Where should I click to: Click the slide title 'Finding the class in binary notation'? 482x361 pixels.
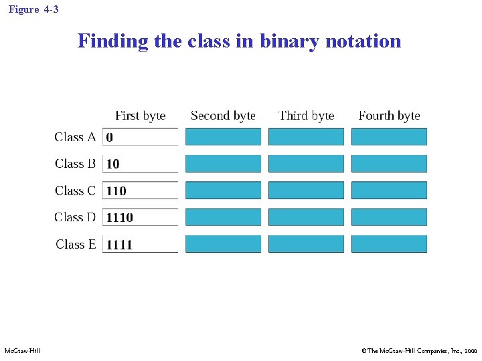point(239,41)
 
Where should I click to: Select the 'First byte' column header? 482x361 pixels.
point(140,116)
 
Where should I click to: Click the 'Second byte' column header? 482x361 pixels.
point(223,116)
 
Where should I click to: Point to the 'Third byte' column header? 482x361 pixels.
point(306,116)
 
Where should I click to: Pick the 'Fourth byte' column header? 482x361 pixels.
point(389,116)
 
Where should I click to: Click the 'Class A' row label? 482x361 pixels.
point(75,137)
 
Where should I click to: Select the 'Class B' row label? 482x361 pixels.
point(75,164)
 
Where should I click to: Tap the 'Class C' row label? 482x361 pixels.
point(75,191)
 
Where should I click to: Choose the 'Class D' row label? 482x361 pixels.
point(75,217)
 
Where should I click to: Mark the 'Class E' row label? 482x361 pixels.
point(76,244)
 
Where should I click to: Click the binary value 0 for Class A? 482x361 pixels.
point(110,138)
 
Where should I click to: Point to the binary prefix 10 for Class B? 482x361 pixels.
point(112,164)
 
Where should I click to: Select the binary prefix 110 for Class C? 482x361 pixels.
point(116,191)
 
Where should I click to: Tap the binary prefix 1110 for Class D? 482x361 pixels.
point(119,218)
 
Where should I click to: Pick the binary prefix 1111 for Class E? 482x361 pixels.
point(119,245)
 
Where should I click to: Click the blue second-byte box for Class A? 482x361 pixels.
point(223,137)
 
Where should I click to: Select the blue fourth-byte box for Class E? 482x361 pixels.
point(389,244)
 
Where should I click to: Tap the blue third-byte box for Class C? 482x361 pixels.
point(306,191)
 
